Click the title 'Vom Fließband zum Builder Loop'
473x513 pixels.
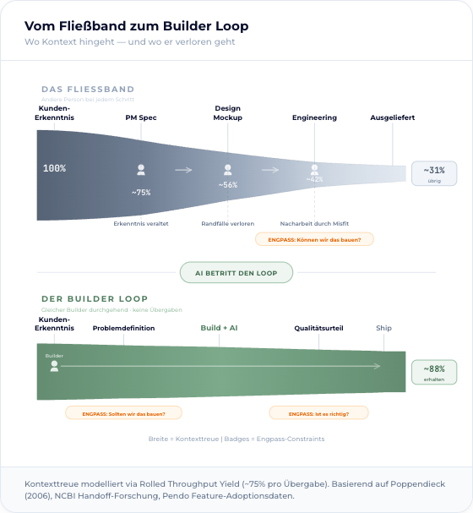click(136, 26)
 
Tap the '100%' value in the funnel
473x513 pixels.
click(54, 168)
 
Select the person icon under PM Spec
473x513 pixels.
click(141, 170)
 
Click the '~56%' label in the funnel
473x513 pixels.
click(227, 184)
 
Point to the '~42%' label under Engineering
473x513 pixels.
click(314, 179)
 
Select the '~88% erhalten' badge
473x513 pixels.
click(434, 372)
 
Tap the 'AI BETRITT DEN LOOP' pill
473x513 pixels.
click(236, 273)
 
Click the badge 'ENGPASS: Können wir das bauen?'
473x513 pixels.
click(314, 239)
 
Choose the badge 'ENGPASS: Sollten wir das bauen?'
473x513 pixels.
click(123, 413)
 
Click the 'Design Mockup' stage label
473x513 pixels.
click(227, 113)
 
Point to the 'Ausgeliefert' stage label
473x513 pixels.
click(392, 117)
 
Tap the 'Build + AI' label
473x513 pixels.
click(219, 328)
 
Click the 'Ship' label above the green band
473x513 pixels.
click(383, 328)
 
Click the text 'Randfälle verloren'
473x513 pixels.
click(227, 223)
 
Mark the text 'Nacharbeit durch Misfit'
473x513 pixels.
click(314, 223)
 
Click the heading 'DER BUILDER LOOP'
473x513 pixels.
click(95, 298)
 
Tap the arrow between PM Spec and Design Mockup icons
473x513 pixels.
click(183, 170)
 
